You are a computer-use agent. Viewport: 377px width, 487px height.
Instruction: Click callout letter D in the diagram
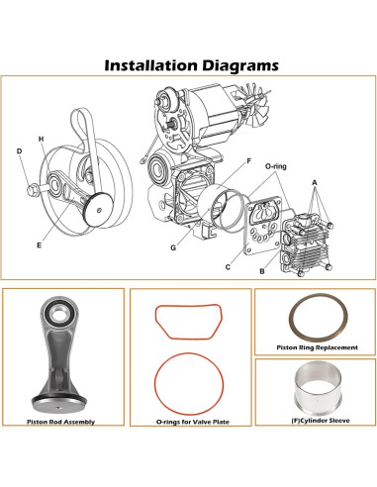(19, 150)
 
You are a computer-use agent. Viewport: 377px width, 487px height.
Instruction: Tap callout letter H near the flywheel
(41, 138)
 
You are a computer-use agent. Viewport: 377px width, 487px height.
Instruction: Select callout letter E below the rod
(40, 241)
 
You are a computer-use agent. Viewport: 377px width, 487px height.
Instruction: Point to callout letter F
(247, 160)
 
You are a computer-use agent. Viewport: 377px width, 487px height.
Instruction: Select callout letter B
(260, 269)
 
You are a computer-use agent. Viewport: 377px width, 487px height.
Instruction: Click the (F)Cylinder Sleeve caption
(314, 423)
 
